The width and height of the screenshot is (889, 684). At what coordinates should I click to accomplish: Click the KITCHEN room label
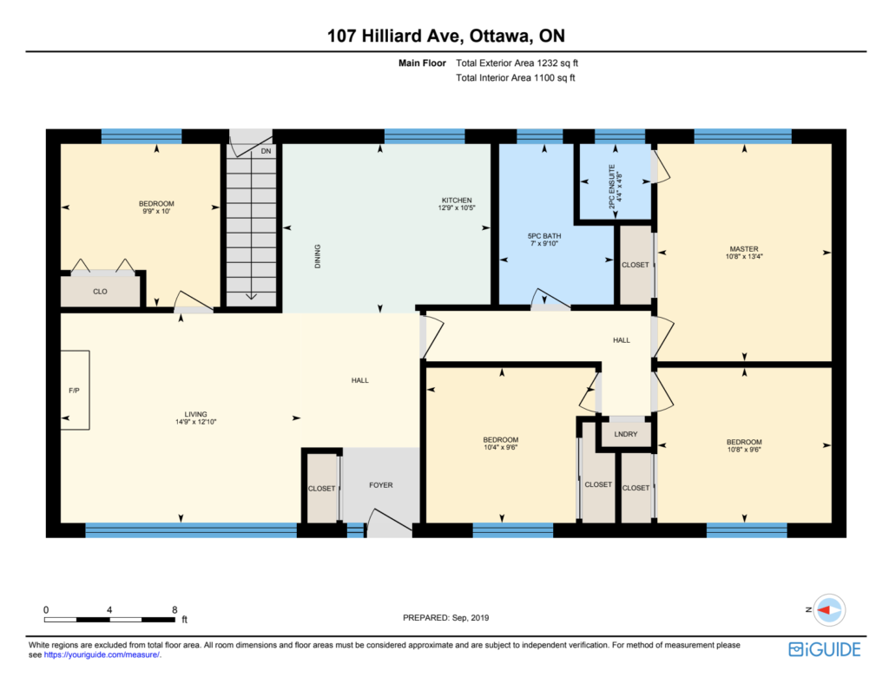point(457,200)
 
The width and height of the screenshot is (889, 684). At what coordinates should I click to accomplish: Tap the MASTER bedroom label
point(744,249)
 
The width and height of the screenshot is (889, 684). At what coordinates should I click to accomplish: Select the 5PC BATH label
point(544,236)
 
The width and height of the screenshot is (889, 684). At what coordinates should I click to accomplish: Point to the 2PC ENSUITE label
point(612,187)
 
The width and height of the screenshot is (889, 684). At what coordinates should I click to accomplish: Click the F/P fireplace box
point(75,390)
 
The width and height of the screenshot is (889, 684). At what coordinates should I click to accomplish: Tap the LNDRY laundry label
point(626,434)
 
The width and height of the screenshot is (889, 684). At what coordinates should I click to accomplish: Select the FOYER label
point(381,485)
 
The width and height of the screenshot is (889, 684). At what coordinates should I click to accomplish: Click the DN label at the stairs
point(266,151)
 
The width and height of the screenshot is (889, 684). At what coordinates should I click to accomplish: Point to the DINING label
point(318,256)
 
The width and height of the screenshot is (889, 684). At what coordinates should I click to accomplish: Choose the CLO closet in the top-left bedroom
point(101,292)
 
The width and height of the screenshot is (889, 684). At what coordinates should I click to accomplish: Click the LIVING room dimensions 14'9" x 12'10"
point(195,422)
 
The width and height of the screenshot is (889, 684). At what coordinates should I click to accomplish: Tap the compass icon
point(829,610)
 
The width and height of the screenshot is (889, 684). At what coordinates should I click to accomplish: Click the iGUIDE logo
point(825,649)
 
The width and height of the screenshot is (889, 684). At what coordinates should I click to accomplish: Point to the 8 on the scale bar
point(175,609)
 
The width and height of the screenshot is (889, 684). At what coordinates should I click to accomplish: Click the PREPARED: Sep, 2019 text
point(445,618)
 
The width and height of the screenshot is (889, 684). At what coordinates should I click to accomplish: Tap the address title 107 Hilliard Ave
point(396,36)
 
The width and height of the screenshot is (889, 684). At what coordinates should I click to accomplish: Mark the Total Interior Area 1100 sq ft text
point(516,77)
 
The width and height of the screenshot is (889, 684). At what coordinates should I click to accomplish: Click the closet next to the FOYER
point(322,488)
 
